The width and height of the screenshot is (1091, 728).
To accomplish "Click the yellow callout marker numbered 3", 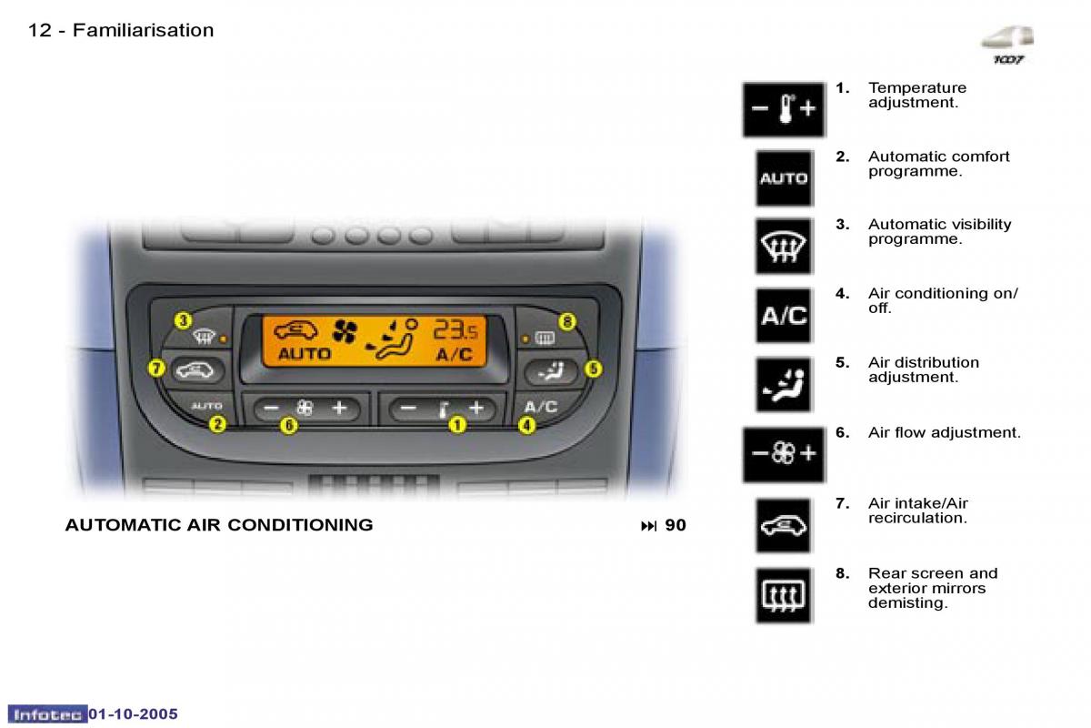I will (x=183, y=320).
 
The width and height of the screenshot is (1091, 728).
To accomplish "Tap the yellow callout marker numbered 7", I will (x=155, y=369).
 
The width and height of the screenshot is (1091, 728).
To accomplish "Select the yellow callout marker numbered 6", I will (x=288, y=424).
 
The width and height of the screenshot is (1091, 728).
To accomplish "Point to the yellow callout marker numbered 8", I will (x=567, y=321).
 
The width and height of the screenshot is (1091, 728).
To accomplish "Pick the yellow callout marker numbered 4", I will (x=526, y=424).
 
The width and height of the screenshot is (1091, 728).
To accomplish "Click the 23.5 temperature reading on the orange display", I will (x=459, y=329).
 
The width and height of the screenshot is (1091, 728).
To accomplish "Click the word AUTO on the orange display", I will (x=305, y=354).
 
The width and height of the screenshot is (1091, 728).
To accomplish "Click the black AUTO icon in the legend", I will (x=783, y=178).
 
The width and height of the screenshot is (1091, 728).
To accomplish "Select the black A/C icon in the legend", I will (x=783, y=316).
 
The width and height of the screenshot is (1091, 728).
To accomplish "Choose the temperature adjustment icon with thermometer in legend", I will (x=783, y=110).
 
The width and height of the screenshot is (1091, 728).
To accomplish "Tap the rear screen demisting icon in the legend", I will (x=783, y=595).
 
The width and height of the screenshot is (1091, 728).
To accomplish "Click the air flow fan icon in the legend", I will (x=783, y=453).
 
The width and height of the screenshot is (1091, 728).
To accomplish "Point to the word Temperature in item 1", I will (x=916, y=88).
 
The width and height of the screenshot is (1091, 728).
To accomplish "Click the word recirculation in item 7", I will (x=916, y=519).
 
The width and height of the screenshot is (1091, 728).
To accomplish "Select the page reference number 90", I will (x=676, y=525).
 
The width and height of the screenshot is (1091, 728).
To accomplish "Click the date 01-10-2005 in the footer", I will (x=133, y=714).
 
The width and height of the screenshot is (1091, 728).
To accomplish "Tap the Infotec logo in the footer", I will (x=48, y=714).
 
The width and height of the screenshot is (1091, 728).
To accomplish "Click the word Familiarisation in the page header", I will (x=143, y=30).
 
